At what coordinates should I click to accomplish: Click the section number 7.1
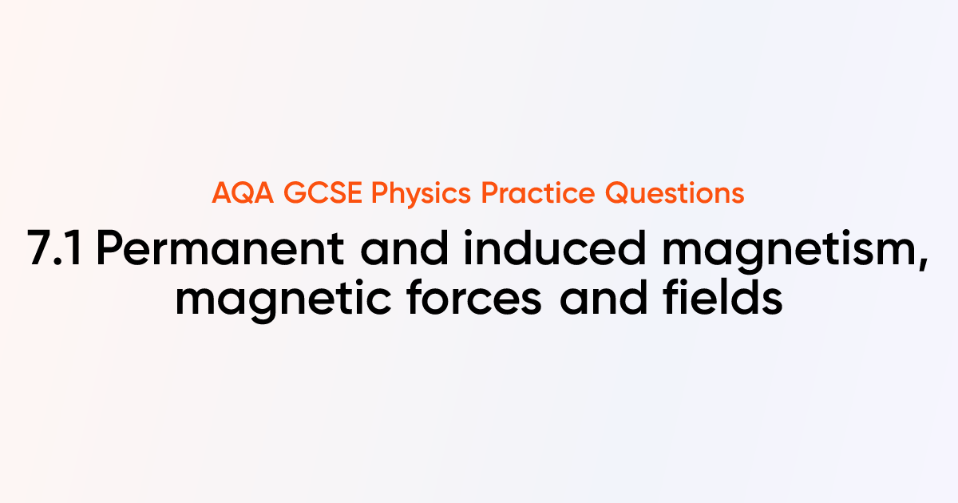pyautogui.click(x=57, y=252)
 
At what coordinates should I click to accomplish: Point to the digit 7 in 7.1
pyautogui.click(x=41, y=252)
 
